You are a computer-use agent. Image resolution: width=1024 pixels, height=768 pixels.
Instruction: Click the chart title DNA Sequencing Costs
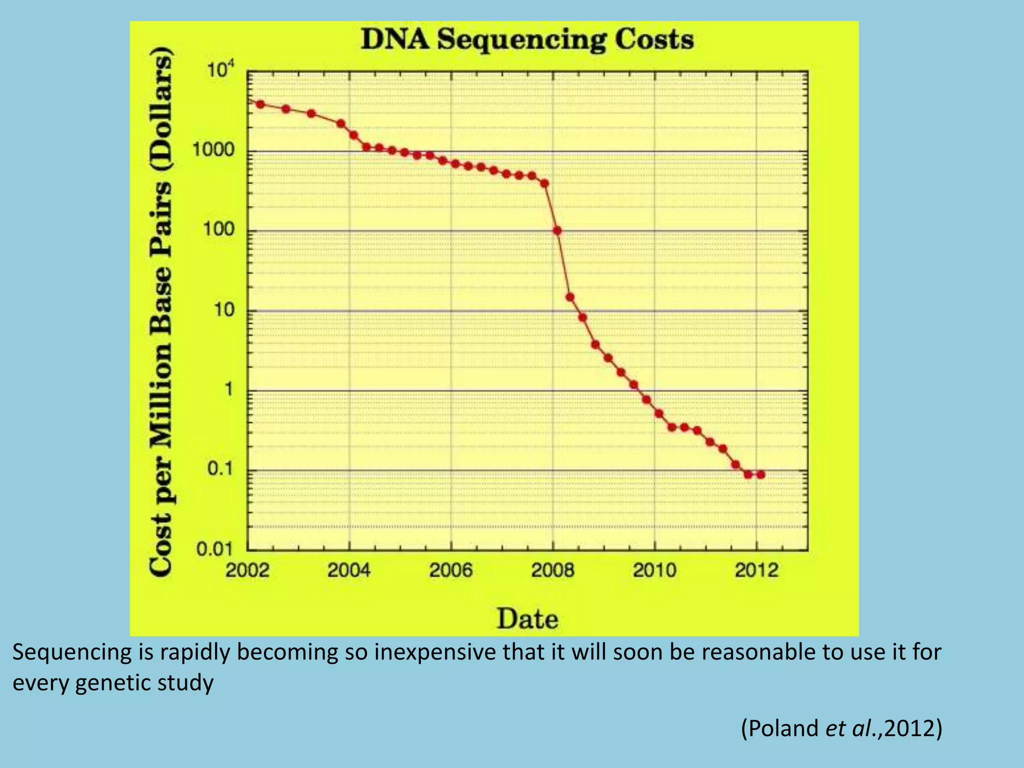coord(527,39)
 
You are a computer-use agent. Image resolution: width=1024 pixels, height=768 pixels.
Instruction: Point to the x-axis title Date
coord(527,618)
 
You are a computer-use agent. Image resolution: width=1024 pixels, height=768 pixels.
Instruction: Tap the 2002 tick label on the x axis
coord(247,570)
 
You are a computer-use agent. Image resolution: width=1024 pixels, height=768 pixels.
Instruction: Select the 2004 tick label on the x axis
coord(349,570)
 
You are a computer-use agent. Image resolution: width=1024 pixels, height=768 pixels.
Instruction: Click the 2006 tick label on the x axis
coord(451,570)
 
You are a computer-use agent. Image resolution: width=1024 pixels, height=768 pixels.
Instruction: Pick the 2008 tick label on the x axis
coord(552,570)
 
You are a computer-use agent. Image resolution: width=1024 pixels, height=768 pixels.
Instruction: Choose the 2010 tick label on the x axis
coord(654,570)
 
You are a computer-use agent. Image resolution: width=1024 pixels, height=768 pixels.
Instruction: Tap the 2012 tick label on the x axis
coord(756,570)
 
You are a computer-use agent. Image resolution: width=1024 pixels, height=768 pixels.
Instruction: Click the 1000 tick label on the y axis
coord(213,150)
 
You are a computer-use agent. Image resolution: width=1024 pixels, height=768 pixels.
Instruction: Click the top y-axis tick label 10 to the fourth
coord(220,72)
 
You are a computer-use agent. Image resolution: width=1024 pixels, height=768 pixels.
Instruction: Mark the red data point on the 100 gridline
coord(557,230)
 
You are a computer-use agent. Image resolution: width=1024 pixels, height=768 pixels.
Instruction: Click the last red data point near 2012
coord(760,474)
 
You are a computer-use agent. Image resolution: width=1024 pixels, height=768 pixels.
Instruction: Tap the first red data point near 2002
coord(260,104)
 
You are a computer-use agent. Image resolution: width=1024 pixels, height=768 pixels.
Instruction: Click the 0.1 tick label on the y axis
coord(219,469)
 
